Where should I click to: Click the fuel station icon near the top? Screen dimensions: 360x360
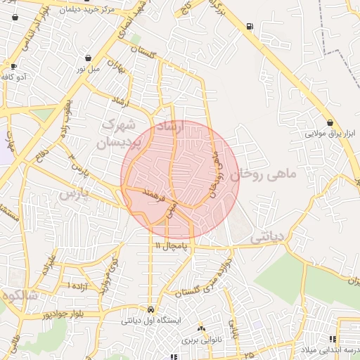(250, 27)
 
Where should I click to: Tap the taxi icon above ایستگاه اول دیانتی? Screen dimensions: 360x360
(151, 309)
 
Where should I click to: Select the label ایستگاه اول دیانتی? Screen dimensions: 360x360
(151, 321)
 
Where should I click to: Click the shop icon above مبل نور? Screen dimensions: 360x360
(88, 58)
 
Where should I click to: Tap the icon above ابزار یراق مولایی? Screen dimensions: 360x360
(330, 122)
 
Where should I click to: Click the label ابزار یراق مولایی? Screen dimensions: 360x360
(330, 133)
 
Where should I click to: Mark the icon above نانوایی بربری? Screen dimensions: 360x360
(202, 328)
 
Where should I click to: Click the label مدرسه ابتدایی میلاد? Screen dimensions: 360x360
(330, 349)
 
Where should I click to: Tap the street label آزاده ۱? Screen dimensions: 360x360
(78, 286)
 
